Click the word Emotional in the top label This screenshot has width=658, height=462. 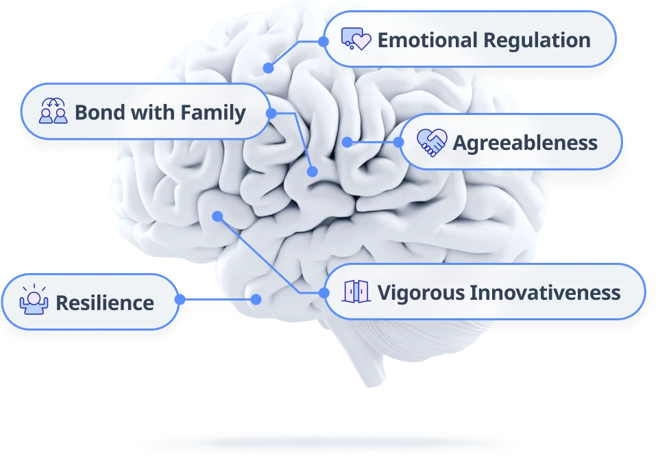[x=428, y=40]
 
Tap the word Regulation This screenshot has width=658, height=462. [x=537, y=41]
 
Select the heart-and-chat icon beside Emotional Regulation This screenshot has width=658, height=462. [x=356, y=39]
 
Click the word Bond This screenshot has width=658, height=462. [x=100, y=112]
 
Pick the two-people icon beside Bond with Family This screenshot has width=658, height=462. [x=53, y=111]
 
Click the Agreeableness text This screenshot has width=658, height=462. [x=525, y=143]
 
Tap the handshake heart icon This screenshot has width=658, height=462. [x=431, y=142]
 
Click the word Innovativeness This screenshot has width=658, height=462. [x=545, y=293]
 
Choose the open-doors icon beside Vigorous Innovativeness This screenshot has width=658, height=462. [x=356, y=292]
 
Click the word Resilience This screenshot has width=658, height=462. [x=105, y=303]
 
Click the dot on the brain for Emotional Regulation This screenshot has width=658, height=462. [x=268, y=68]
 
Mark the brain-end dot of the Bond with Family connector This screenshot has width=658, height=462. [x=313, y=172]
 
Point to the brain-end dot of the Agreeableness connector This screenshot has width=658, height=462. [x=347, y=142]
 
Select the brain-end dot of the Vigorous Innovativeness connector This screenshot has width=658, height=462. [x=217, y=216]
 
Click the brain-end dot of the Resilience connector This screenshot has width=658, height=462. [x=256, y=299]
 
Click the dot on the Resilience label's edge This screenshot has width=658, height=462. [x=180, y=299]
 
